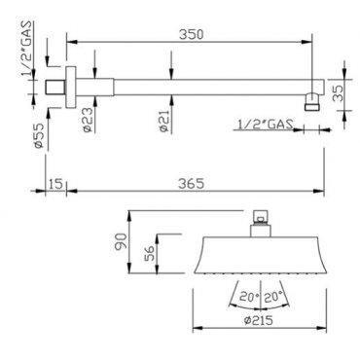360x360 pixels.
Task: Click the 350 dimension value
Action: point(192,34)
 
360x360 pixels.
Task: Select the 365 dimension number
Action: point(192,183)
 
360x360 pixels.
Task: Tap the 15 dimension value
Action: point(55,184)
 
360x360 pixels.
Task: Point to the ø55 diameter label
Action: point(39,135)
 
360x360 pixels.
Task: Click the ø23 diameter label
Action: point(88,120)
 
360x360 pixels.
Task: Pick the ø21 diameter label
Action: point(164,121)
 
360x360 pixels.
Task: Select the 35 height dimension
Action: point(339,94)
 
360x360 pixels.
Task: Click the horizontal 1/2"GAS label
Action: point(266,125)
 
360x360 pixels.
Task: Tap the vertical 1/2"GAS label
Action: point(27,48)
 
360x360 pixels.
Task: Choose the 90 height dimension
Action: point(120,241)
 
